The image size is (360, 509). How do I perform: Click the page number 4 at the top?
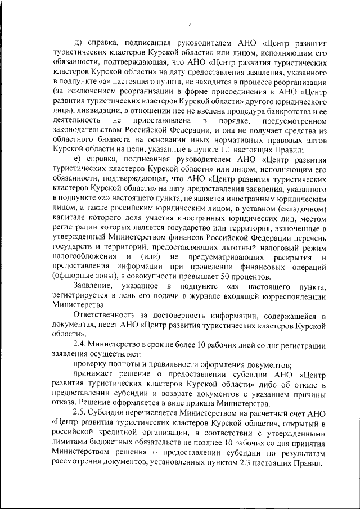coord(191,25)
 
